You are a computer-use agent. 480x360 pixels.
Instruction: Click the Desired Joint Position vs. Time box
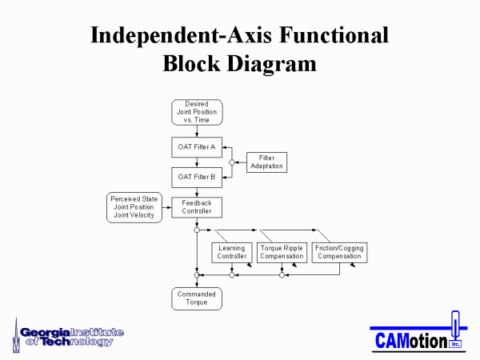click(197, 112)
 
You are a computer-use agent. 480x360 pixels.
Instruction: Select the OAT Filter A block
click(197, 147)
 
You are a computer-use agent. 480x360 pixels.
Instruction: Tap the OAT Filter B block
click(197, 178)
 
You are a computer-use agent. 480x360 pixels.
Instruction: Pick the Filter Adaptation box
click(266, 162)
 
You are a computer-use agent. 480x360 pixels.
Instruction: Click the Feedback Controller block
click(197, 207)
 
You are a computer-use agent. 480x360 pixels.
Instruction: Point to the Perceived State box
click(134, 207)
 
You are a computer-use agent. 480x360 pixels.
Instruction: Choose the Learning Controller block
click(232, 253)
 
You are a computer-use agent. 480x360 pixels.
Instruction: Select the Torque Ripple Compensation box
click(282, 253)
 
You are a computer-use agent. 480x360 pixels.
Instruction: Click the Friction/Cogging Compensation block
click(339, 253)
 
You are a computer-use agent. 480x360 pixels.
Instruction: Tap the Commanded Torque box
click(197, 298)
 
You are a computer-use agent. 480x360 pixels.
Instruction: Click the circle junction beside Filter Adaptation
click(232, 162)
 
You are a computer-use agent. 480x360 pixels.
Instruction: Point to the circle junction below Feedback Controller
click(197, 230)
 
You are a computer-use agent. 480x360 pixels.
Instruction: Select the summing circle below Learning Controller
click(232, 275)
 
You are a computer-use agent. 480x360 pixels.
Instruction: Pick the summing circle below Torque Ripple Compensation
click(282, 275)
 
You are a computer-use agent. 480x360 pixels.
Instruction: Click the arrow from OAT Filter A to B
click(197, 162)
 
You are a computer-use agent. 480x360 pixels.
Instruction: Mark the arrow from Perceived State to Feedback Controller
click(167, 207)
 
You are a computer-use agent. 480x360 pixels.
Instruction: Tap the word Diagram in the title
click(271, 65)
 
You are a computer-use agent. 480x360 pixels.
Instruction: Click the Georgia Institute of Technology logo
click(68, 335)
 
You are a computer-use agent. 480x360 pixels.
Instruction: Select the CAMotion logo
click(418, 332)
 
